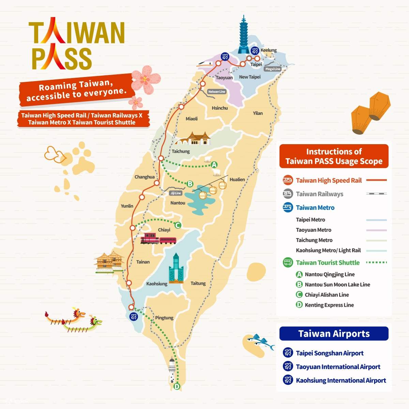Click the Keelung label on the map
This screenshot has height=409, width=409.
pyautogui.click(x=268, y=50)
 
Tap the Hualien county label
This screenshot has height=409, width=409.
pyautogui.click(x=237, y=179)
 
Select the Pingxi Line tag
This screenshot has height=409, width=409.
pyautogui.click(x=273, y=69)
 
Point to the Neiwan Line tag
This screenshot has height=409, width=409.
pyautogui.click(x=217, y=92)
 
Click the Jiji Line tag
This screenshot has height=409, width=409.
pyautogui.click(x=176, y=193)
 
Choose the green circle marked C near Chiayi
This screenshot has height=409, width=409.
pyautogui.click(x=177, y=225)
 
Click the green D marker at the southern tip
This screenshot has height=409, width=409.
pyautogui.click(x=177, y=387)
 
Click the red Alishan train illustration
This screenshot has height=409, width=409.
pyautogui.click(x=158, y=239)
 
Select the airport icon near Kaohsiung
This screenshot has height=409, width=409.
pyautogui.click(x=133, y=316)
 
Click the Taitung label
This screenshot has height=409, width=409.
pyautogui.click(x=198, y=283)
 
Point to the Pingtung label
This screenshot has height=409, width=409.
pyautogui.click(x=164, y=318)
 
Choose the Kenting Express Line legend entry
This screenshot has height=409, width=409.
pyautogui.click(x=329, y=305)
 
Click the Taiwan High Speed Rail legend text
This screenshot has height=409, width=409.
pyautogui.click(x=329, y=180)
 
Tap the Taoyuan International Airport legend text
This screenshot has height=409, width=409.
pyautogui.click(x=338, y=367)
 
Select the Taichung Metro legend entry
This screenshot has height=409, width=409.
pyautogui.click(x=314, y=240)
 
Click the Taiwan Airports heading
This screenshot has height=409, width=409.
pyautogui.click(x=334, y=334)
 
